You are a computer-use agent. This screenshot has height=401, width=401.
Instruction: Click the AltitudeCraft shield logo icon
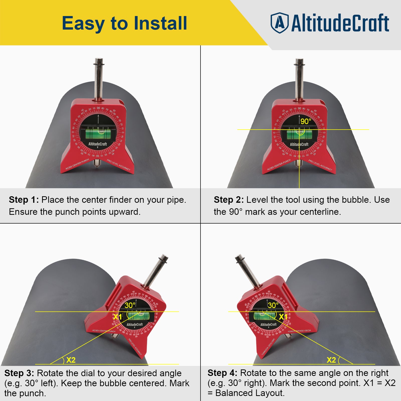279,23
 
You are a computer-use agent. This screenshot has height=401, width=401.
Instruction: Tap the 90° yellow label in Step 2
306,121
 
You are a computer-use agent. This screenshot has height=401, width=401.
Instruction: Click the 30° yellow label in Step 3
130,305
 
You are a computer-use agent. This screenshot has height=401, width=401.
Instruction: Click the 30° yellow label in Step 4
273,305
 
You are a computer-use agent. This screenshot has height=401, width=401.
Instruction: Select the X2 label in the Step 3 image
71,360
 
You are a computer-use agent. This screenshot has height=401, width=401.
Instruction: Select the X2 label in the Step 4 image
331,360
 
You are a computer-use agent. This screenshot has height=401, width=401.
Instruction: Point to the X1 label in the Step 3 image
117,317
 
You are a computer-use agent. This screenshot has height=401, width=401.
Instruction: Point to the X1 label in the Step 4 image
283,317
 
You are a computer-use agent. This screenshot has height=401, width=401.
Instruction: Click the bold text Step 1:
24,200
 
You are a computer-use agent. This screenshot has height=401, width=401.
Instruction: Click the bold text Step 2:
229,200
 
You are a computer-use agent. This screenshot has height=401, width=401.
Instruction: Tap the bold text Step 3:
19,373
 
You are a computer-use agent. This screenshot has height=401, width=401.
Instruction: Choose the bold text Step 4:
222,373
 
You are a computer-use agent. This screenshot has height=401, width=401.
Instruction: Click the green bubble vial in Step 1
98,133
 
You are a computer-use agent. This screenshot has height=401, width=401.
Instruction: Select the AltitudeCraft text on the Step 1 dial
97,144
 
